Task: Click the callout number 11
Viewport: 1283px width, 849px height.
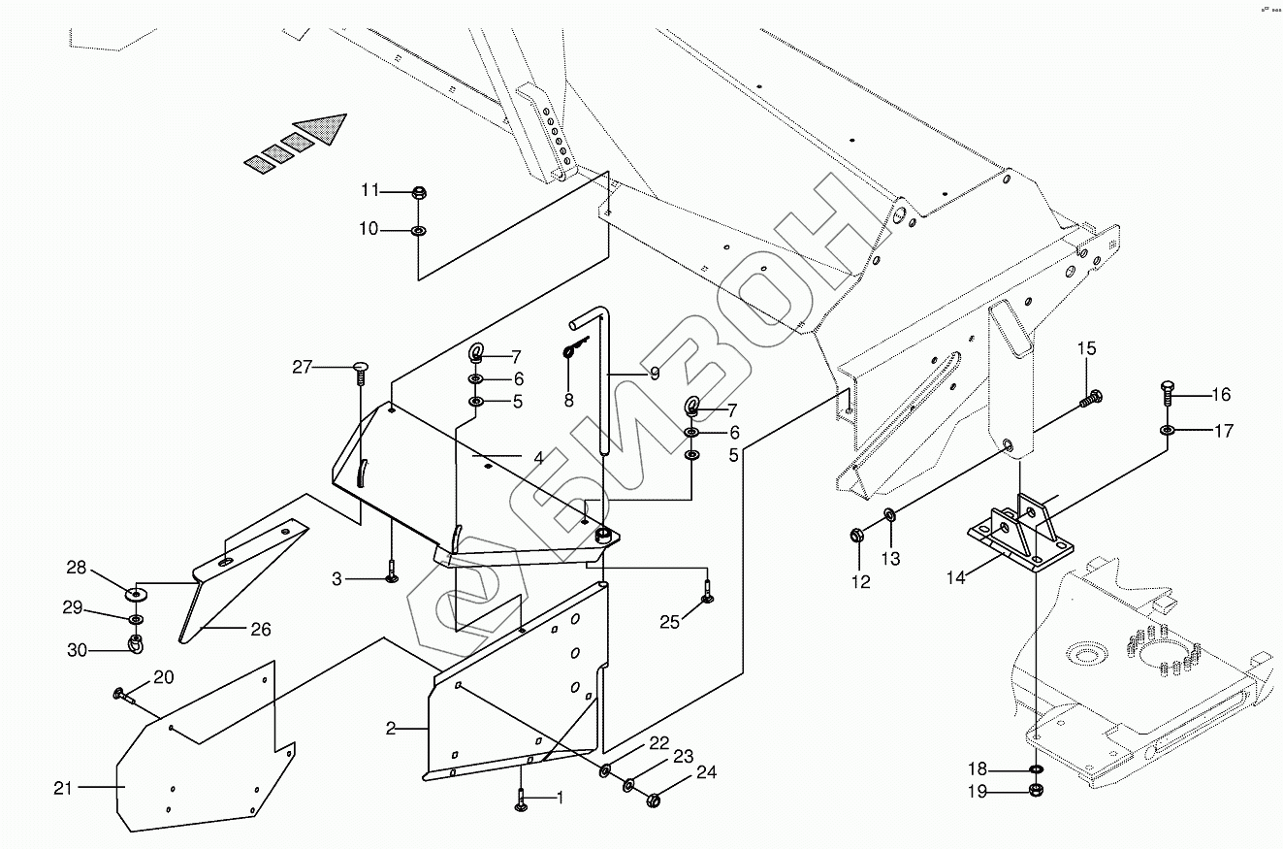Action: click(370, 190)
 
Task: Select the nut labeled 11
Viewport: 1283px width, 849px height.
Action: click(419, 191)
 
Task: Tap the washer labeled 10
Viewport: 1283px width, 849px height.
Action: click(419, 231)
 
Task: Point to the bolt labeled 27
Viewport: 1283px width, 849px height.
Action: click(360, 368)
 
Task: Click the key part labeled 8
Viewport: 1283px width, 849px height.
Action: click(574, 347)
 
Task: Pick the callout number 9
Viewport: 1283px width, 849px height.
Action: click(655, 372)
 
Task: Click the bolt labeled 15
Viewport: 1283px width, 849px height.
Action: click(1090, 397)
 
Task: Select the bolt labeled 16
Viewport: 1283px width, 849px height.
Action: click(1169, 393)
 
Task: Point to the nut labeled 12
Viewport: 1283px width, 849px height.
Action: click(857, 534)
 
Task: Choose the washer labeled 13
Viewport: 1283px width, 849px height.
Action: click(890, 515)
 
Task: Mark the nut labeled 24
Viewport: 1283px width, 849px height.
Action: click(653, 800)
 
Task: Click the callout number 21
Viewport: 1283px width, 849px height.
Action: click(63, 789)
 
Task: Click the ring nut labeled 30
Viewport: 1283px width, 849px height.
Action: click(137, 643)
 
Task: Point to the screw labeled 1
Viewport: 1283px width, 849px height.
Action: click(522, 801)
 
